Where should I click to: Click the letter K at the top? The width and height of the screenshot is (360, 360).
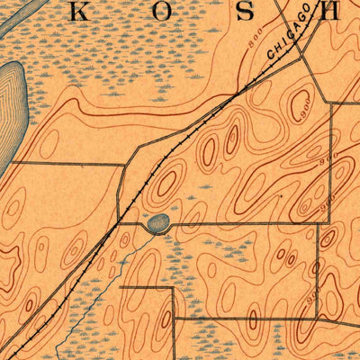[x=79, y=13]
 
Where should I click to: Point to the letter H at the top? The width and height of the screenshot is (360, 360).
[x=331, y=13]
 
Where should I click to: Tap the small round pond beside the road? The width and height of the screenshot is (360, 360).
[x=158, y=222]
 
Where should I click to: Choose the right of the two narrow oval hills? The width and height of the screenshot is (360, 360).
[x=231, y=139]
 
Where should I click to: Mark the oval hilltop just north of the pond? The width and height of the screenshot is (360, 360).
[x=166, y=184]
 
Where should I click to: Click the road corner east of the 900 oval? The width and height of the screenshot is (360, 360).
[x=332, y=104]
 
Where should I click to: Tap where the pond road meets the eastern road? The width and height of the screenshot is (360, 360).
[x=319, y=223]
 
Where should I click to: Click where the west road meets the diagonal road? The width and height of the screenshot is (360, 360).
[x=122, y=163]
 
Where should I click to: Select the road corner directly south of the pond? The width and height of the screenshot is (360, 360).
[x=173, y=289]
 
